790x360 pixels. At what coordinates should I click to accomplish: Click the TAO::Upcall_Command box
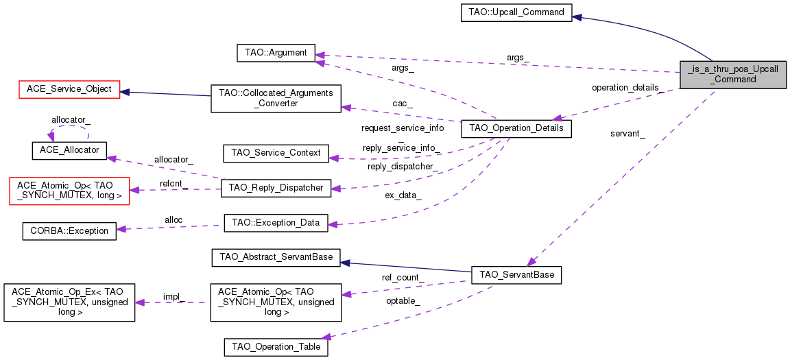(x=516, y=12)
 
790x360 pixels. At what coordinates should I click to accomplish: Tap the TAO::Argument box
(x=276, y=53)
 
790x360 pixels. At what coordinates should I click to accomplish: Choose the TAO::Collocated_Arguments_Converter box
(x=276, y=99)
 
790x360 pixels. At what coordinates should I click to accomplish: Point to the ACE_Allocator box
(x=69, y=151)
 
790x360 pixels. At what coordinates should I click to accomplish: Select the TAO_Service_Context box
(x=276, y=152)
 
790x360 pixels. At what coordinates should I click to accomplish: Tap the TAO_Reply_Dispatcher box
(x=276, y=188)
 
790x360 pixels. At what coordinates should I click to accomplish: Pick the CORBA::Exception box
(x=69, y=230)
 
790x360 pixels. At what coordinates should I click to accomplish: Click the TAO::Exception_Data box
(x=276, y=223)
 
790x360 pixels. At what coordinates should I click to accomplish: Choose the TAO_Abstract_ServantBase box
(x=276, y=256)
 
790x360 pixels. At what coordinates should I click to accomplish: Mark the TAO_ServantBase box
(x=516, y=275)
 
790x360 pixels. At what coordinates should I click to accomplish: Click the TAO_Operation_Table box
(x=276, y=347)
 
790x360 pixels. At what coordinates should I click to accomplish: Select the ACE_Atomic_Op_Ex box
(x=69, y=302)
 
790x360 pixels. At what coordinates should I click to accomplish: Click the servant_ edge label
(x=627, y=134)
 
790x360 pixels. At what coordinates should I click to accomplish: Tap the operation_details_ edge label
(x=627, y=88)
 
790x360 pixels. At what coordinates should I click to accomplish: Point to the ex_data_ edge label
(x=402, y=195)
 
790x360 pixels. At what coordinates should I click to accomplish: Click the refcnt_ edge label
(x=173, y=184)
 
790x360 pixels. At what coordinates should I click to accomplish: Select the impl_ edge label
(x=173, y=297)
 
